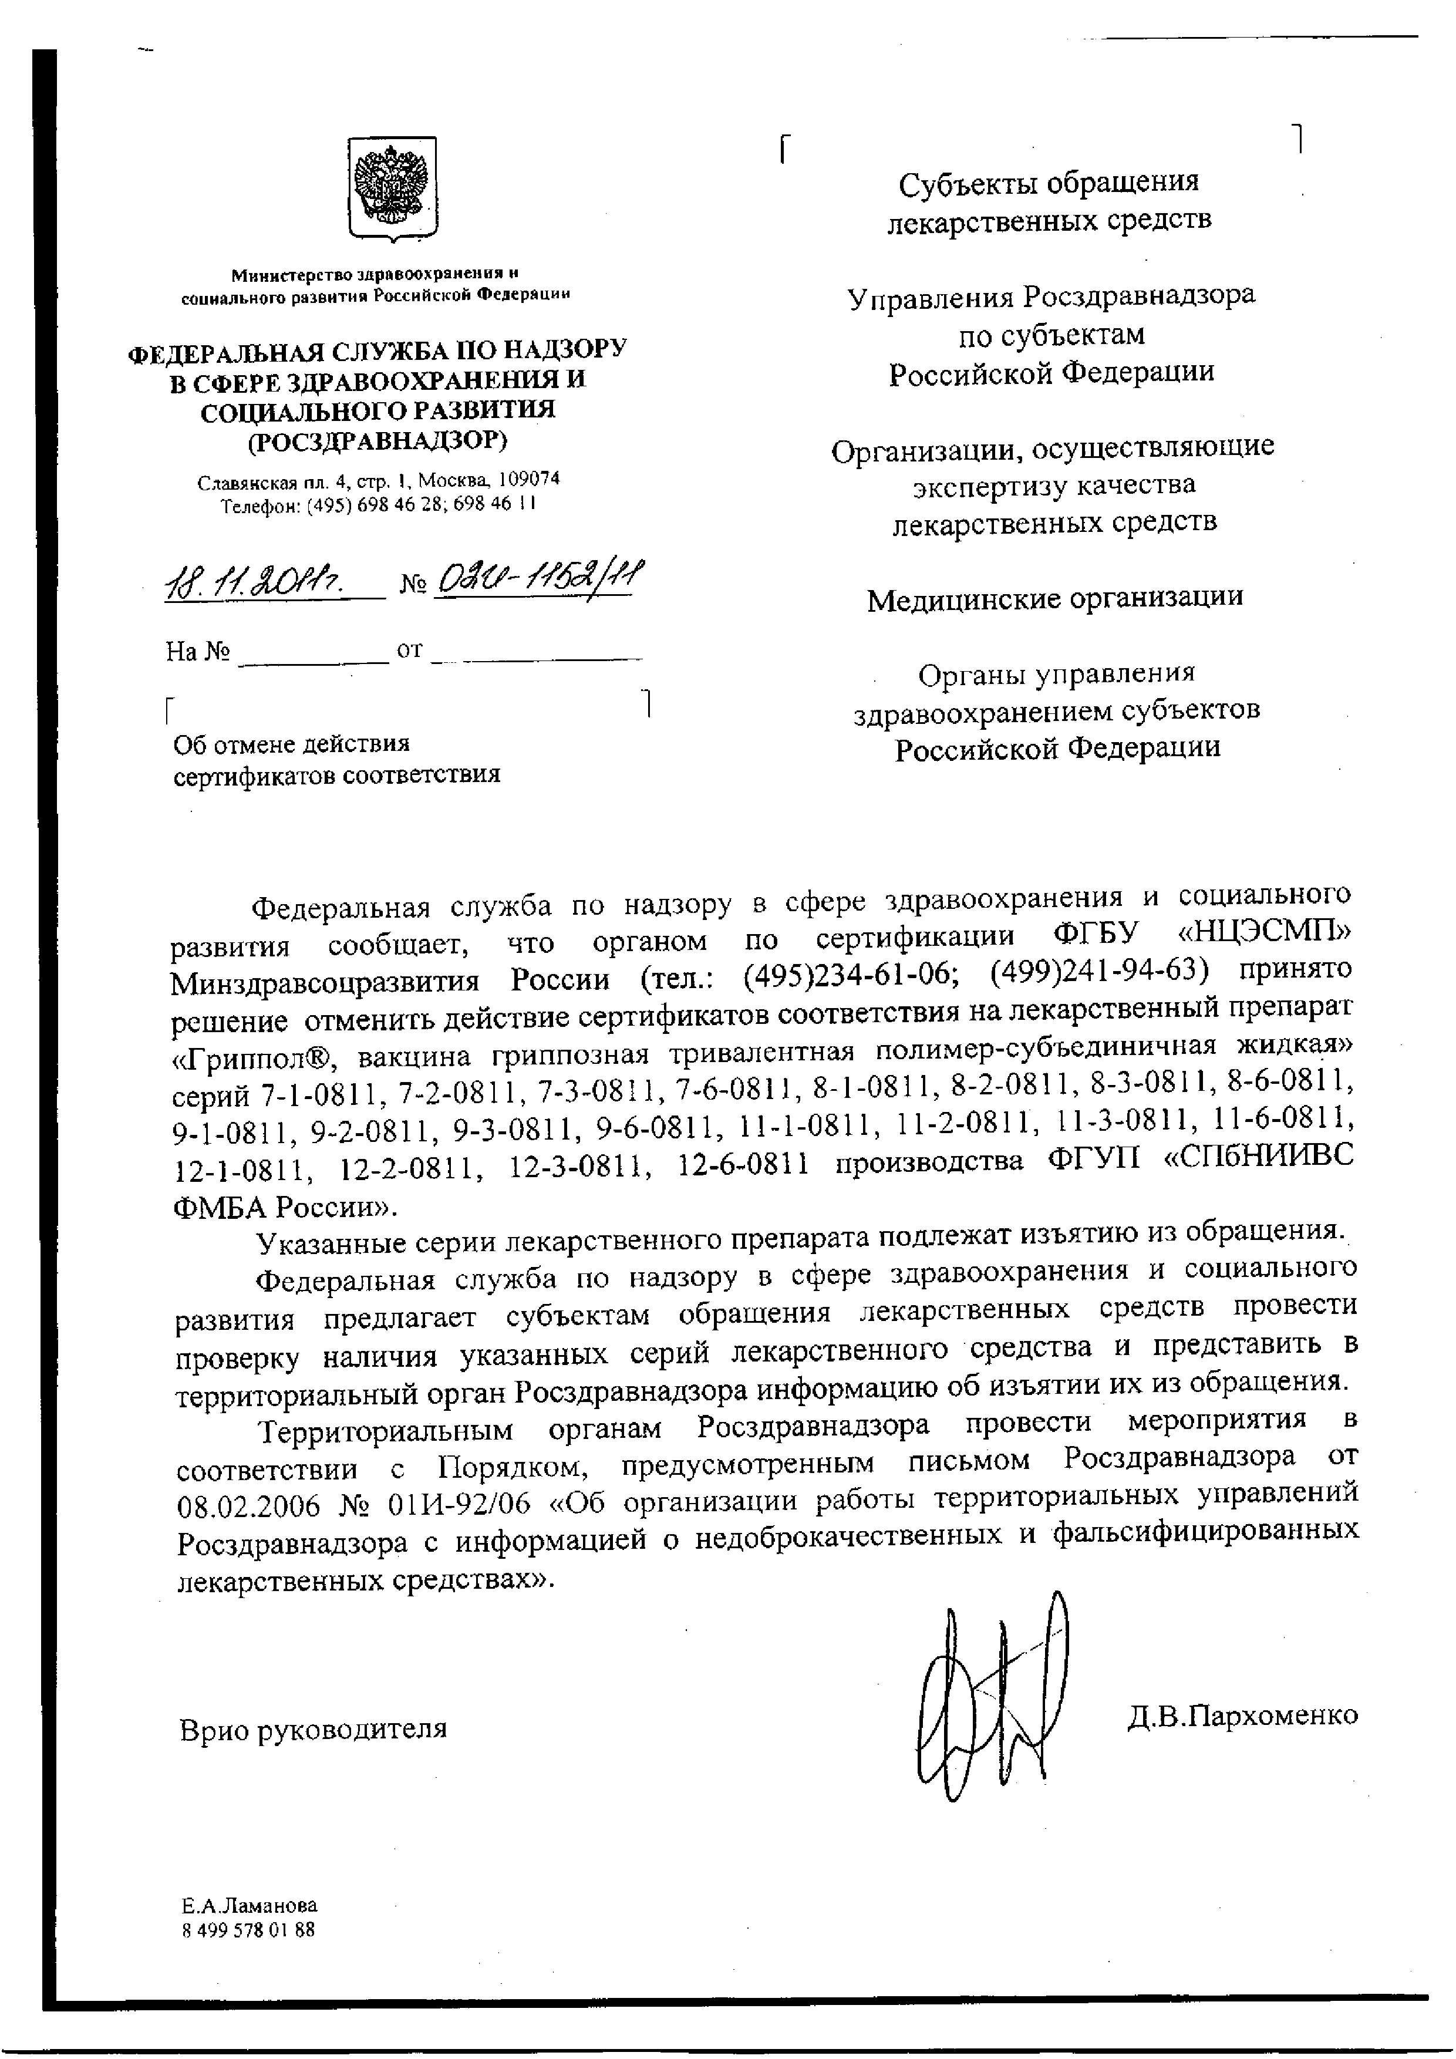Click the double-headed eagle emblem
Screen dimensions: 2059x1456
pyautogui.click(x=392, y=189)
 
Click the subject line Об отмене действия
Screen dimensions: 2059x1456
pyautogui.click(x=291, y=743)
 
